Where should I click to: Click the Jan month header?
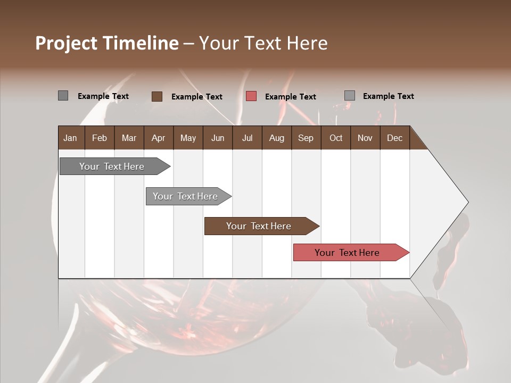[x=70, y=138]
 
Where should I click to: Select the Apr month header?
[x=159, y=138]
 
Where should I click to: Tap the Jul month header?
[x=247, y=138]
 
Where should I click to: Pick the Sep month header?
[x=306, y=138]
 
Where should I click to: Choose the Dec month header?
[x=394, y=138]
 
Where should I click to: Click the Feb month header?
[x=100, y=138]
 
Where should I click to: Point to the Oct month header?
[x=336, y=138]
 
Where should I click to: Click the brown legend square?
[x=157, y=96]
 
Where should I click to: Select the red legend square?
[x=251, y=96]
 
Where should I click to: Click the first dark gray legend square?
[x=63, y=96]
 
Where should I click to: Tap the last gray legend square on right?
[x=350, y=96]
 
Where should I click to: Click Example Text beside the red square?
[x=291, y=97]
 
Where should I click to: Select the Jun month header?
[x=218, y=138]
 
